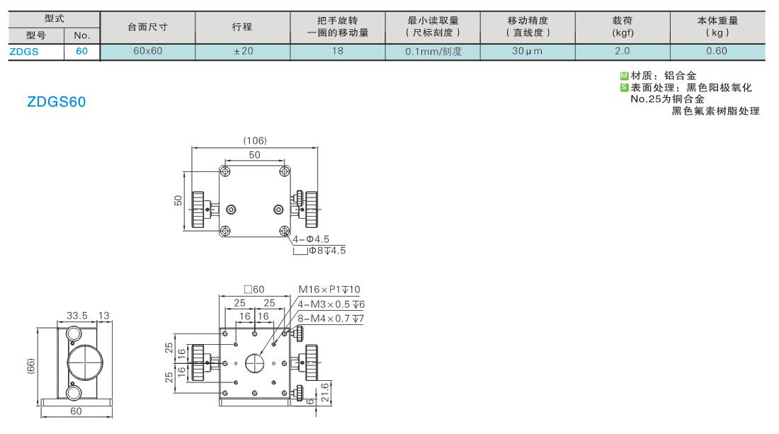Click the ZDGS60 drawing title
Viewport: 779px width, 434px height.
[56, 102]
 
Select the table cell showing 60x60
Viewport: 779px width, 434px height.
[147, 51]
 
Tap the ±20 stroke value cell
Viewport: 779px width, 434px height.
[243, 51]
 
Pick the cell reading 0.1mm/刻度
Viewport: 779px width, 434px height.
[433, 51]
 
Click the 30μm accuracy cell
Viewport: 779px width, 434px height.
[528, 51]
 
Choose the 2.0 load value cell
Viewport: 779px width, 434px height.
[622, 51]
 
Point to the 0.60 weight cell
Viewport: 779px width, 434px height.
[717, 51]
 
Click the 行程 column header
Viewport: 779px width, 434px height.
[242, 28]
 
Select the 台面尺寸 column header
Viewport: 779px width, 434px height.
[147, 28]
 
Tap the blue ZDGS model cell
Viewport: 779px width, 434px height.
[24, 52]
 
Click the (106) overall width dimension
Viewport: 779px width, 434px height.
[255, 140]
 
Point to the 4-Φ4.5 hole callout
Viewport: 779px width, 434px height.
[311, 239]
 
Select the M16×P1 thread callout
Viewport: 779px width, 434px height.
[329, 290]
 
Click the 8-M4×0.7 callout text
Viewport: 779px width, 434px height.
[331, 319]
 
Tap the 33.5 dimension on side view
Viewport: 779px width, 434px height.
[77, 316]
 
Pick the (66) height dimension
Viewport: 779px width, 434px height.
[30, 367]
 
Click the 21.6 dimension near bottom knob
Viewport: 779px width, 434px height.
[325, 392]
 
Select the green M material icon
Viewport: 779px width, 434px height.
[625, 76]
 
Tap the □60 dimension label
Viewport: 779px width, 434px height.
[254, 290]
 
